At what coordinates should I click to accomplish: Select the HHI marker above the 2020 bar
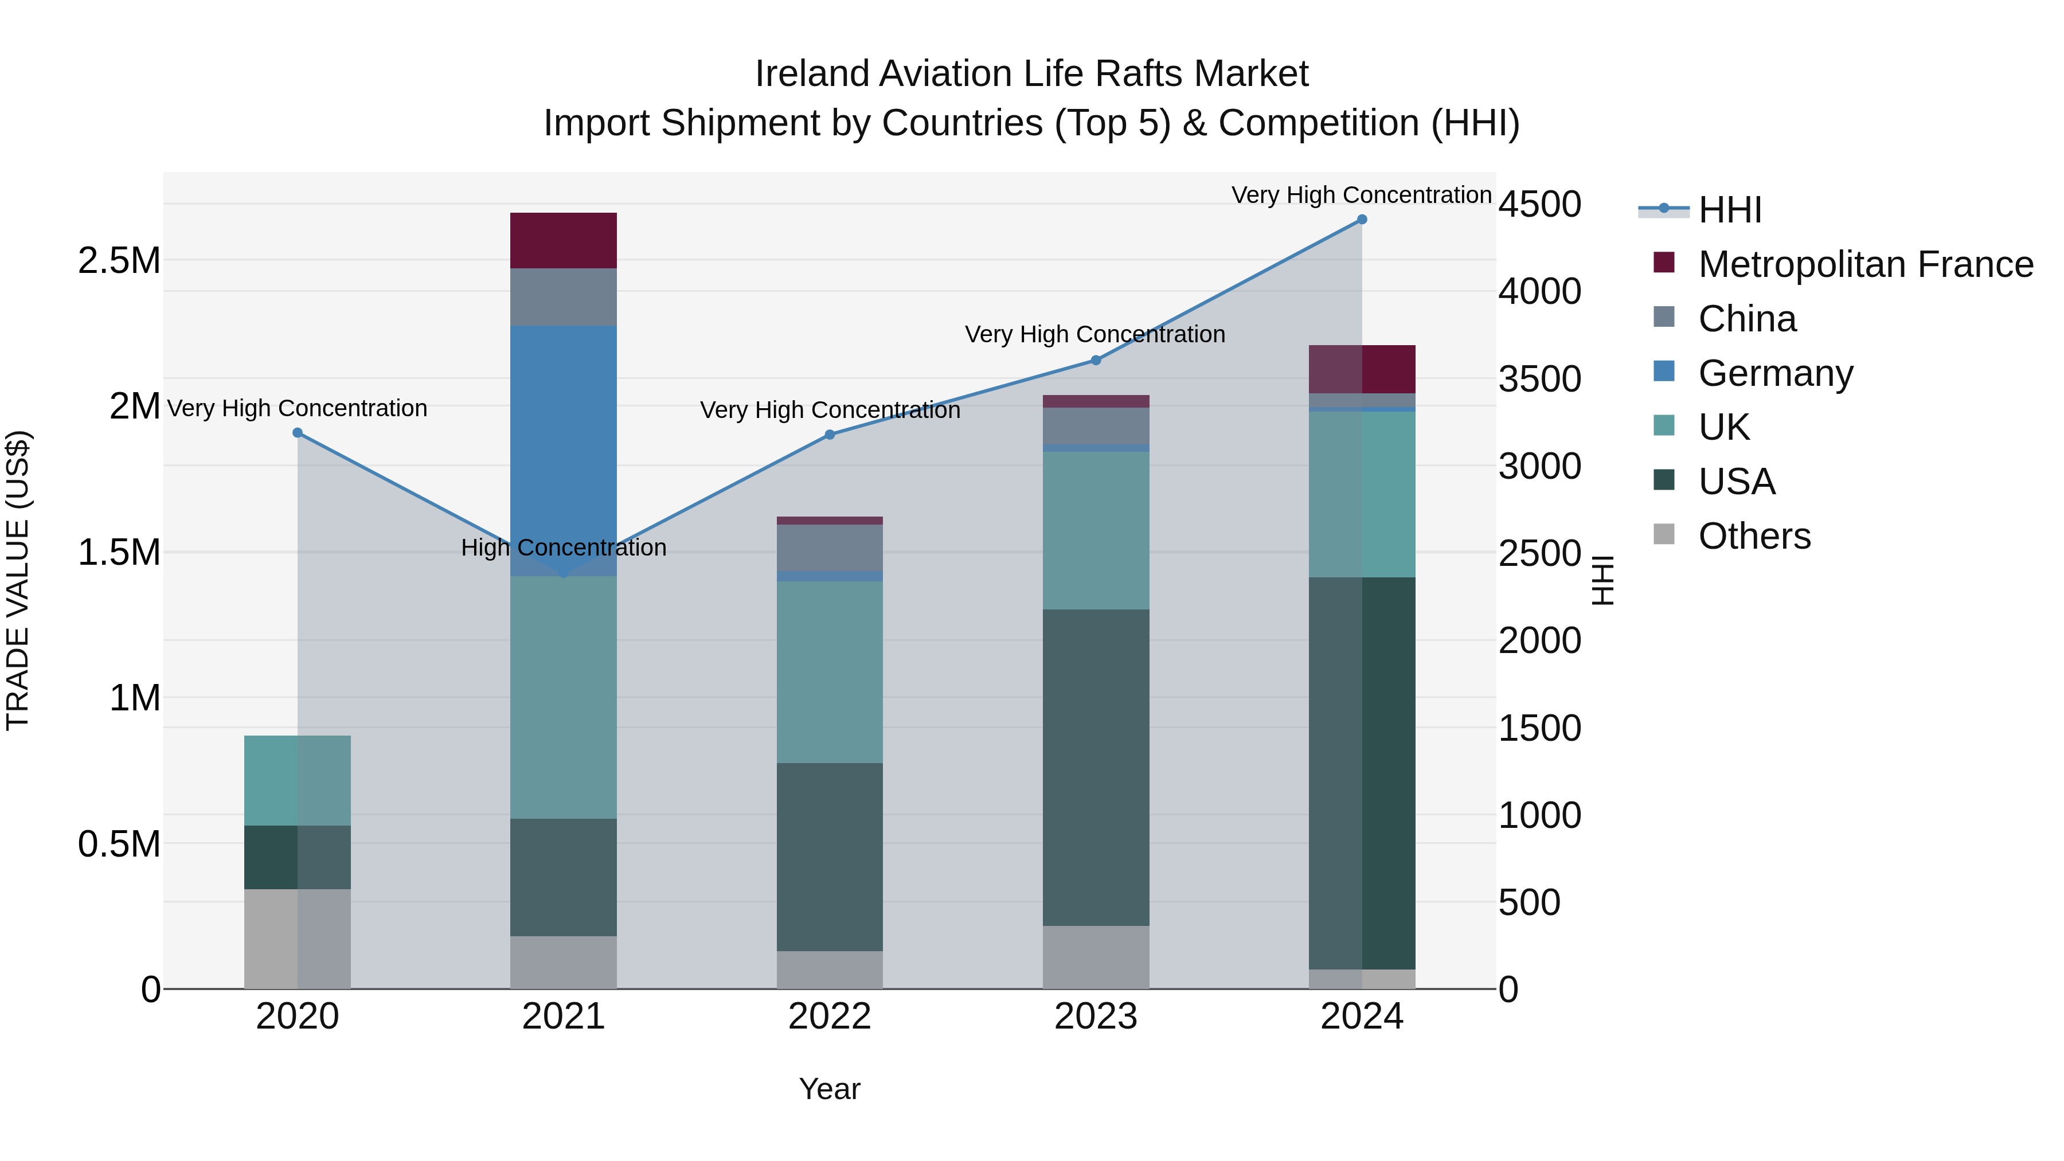click(x=297, y=433)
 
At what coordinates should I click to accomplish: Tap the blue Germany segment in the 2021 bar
click(x=563, y=449)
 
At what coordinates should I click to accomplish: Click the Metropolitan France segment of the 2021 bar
click(x=563, y=240)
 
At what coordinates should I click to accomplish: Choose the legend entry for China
click(x=1747, y=319)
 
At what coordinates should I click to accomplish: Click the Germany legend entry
click(x=1774, y=373)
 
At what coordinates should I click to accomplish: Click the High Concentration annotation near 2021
click(x=563, y=548)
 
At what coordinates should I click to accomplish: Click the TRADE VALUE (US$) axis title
click(x=18, y=580)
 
